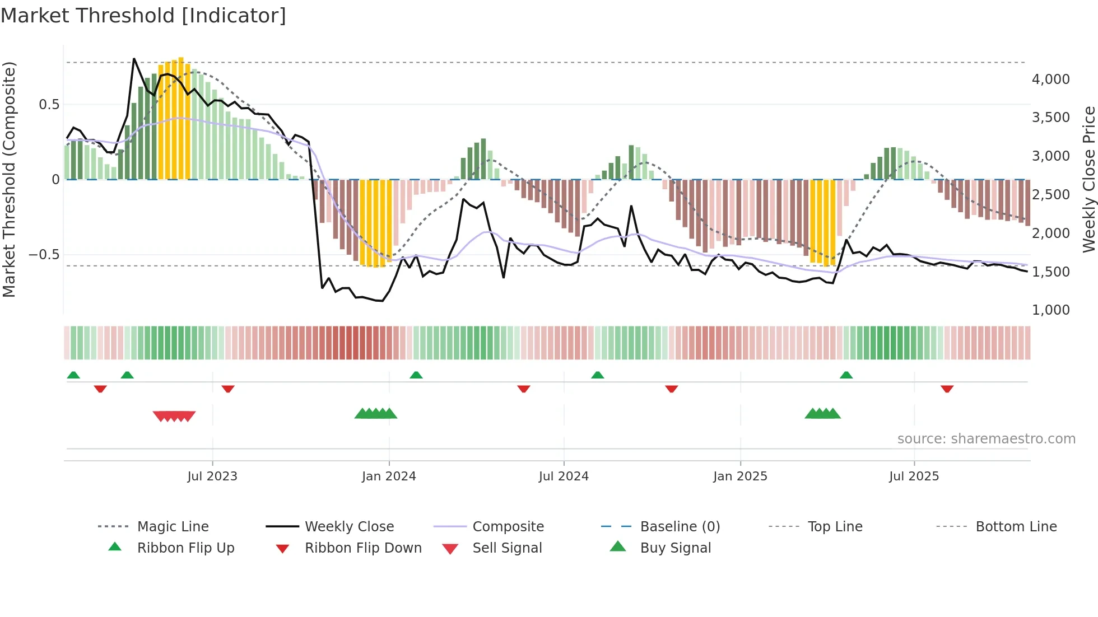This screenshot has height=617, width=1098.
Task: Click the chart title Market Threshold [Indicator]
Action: point(143,16)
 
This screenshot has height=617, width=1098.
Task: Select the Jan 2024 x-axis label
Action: point(389,476)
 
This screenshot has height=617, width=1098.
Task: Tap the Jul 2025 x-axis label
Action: point(914,476)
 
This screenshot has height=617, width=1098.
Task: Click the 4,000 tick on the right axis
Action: point(1050,80)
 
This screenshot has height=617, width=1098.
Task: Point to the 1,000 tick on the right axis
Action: point(1050,310)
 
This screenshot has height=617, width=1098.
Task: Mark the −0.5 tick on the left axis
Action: point(44,255)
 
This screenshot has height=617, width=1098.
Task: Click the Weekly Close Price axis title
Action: point(1088,179)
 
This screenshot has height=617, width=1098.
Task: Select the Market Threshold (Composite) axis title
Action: point(9,179)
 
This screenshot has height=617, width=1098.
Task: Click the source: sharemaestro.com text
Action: point(986,439)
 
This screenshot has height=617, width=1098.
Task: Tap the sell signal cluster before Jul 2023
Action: point(174,416)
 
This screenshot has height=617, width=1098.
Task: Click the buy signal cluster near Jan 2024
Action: point(376,414)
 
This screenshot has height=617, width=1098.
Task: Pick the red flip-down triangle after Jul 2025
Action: point(947,389)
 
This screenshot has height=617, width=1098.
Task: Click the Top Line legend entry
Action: point(835,527)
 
